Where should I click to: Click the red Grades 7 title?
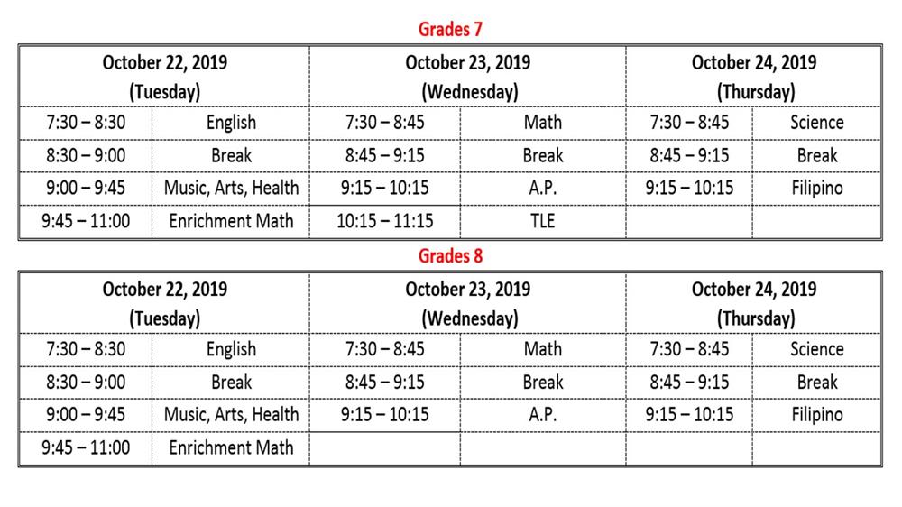450,29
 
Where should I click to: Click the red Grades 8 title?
450,255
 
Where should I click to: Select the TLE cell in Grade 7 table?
543,221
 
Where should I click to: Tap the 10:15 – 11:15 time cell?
385,221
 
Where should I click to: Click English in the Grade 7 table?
231,123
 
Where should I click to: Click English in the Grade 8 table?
231,349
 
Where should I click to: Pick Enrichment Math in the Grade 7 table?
231,221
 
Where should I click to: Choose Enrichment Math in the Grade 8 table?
231,447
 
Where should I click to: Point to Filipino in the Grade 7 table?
816,189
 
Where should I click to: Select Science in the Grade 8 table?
816,349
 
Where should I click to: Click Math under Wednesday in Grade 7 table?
543,123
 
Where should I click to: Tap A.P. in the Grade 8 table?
543,415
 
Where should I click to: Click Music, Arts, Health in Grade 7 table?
231,189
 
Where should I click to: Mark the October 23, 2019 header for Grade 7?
467,63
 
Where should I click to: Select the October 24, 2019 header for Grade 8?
754,290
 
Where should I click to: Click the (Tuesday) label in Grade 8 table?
164,318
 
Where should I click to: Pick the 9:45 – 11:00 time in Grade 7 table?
86,221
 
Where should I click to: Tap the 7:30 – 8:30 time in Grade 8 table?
86,349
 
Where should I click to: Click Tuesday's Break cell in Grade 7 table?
231,155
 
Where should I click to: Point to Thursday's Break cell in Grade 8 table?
816,382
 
